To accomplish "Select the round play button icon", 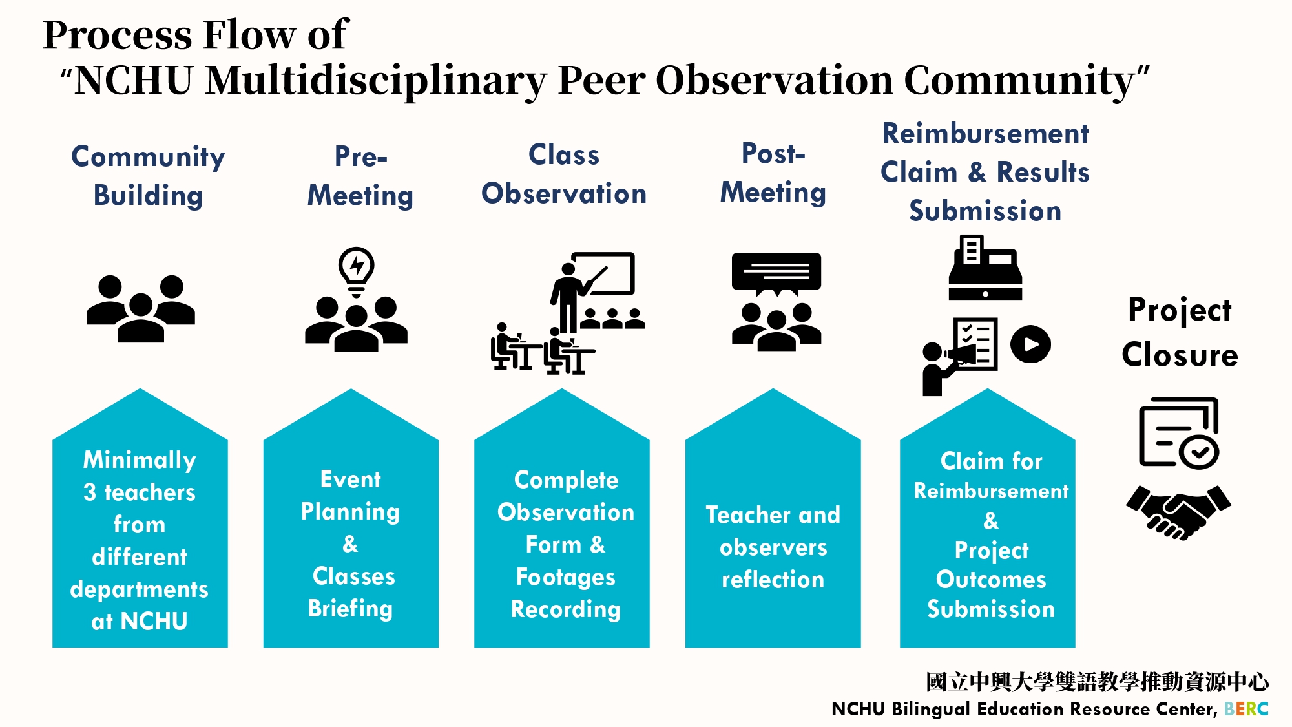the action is pyautogui.click(x=1030, y=344).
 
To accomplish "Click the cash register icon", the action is pyautogui.click(x=985, y=268).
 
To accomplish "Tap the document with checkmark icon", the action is pyautogui.click(x=1179, y=432).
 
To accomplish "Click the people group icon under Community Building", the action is pyautogui.click(x=141, y=308).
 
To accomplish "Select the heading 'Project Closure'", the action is pyautogui.click(x=1180, y=332).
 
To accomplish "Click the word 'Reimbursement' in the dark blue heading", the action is pyautogui.click(x=986, y=134).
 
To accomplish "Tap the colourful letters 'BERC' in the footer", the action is pyautogui.click(x=1246, y=709).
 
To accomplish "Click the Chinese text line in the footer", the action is pyautogui.click(x=1097, y=682).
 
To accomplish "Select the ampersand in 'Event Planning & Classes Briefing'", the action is pyautogui.click(x=350, y=543).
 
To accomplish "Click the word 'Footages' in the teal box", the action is pyautogui.click(x=565, y=577).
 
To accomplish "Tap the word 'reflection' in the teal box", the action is pyautogui.click(x=773, y=580).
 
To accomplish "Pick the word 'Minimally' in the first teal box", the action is pyautogui.click(x=140, y=460).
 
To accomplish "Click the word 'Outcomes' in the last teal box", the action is pyautogui.click(x=991, y=580).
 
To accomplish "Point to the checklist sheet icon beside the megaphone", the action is pyautogui.click(x=975, y=344).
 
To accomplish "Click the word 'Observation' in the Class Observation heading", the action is pyautogui.click(x=564, y=193).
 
